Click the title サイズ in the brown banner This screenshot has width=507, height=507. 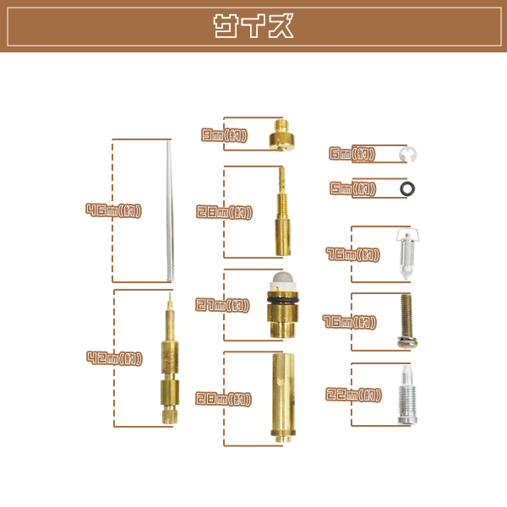253,26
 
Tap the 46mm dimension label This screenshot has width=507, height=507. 113,210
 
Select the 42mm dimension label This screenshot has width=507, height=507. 114,358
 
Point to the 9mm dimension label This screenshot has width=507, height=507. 224,135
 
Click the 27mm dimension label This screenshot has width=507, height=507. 222,305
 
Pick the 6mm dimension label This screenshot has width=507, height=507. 352,154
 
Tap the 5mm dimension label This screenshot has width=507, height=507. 352,188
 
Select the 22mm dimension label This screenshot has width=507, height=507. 353,395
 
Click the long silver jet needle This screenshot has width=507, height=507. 170,211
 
